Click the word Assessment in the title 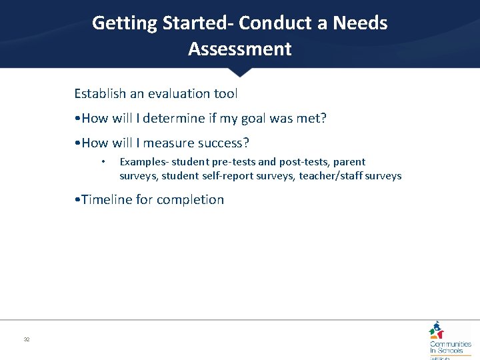click(x=240, y=49)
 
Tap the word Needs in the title click(x=361, y=23)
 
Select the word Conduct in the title click(x=270, y=23)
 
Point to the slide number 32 click(x=27, y=340)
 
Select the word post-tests click(x=305, y=162)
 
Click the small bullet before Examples click(x=103, y=162)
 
